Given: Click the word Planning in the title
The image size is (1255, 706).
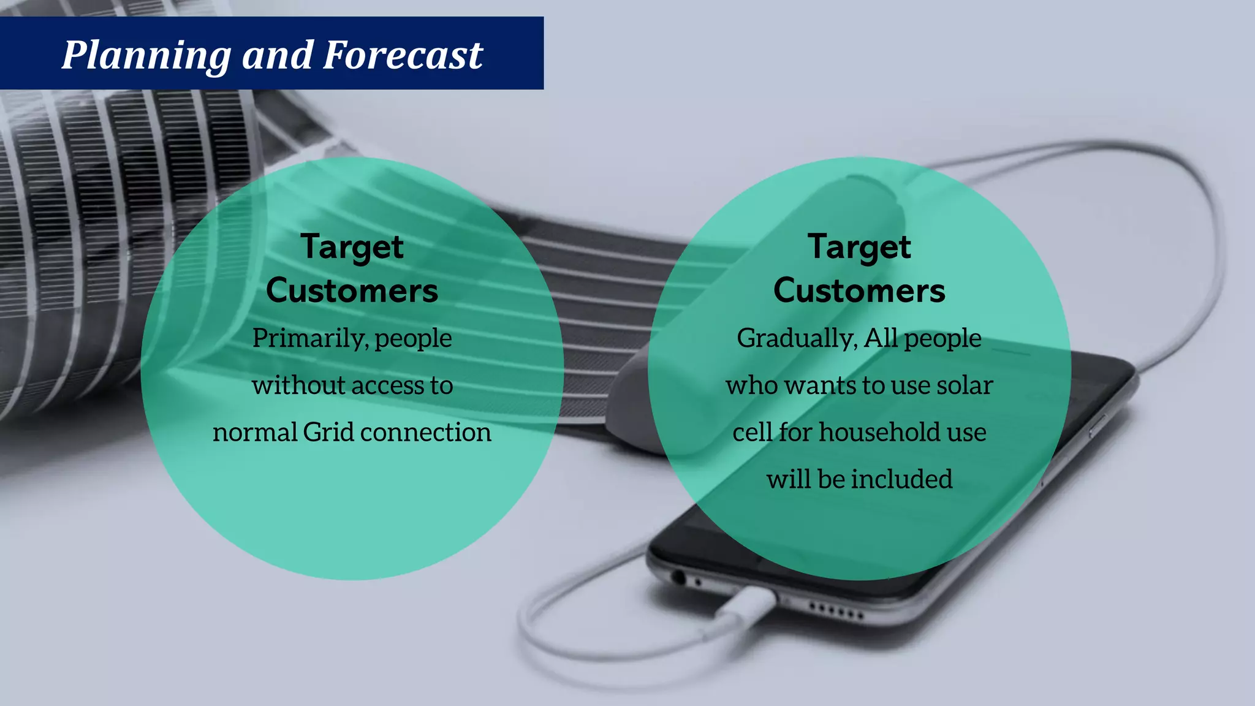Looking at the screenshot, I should tap(146, 55).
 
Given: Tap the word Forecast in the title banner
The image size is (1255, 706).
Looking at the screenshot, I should tap(403, 55).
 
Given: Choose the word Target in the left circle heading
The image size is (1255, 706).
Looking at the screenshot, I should tap(352, 248).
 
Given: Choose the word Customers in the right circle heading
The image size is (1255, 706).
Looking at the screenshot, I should tap(859, 290).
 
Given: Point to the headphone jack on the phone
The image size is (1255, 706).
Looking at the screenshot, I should tap(678, 577).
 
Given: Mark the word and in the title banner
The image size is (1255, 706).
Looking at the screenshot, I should tap(277, 55).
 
